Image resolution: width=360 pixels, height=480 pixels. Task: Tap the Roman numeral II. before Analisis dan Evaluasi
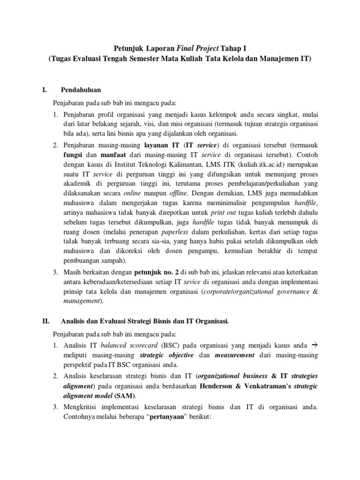[x=46, y=321]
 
